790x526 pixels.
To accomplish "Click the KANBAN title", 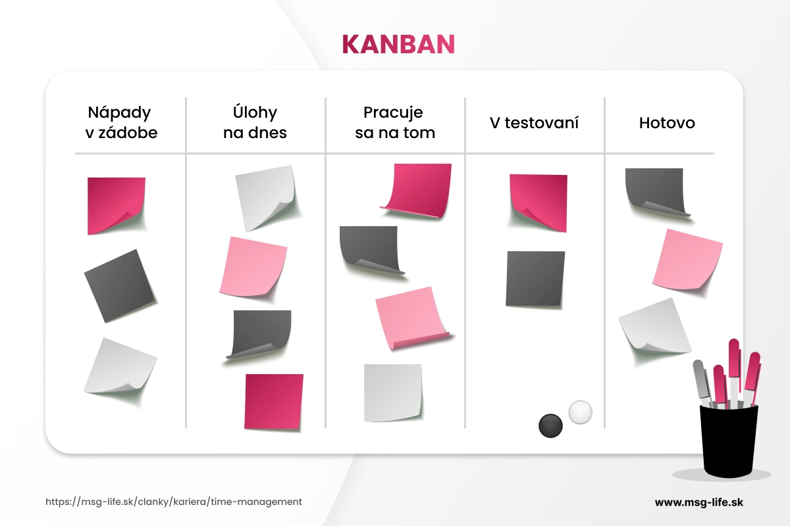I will [398, 44].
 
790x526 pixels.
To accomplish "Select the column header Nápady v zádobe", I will [122, 122].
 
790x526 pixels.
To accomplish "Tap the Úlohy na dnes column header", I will [255, 122].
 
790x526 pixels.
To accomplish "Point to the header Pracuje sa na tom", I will [394, 122].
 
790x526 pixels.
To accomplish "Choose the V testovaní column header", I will [534, 123].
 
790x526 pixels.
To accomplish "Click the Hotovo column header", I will [667, 123].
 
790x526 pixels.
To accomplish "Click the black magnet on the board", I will [551, 425].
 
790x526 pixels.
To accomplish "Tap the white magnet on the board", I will [580, 412].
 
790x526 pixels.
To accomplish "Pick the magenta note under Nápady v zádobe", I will [116, 204].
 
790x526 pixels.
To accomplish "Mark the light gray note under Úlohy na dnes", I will [265, 195].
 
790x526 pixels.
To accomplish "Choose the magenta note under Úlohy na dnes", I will [274, 401].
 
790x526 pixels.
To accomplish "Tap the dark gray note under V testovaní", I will [535, 279].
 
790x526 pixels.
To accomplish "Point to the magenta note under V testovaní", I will [538, 201].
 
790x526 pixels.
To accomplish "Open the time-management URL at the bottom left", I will [174, 502].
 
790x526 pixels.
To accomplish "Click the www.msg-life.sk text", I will [699, 502].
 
